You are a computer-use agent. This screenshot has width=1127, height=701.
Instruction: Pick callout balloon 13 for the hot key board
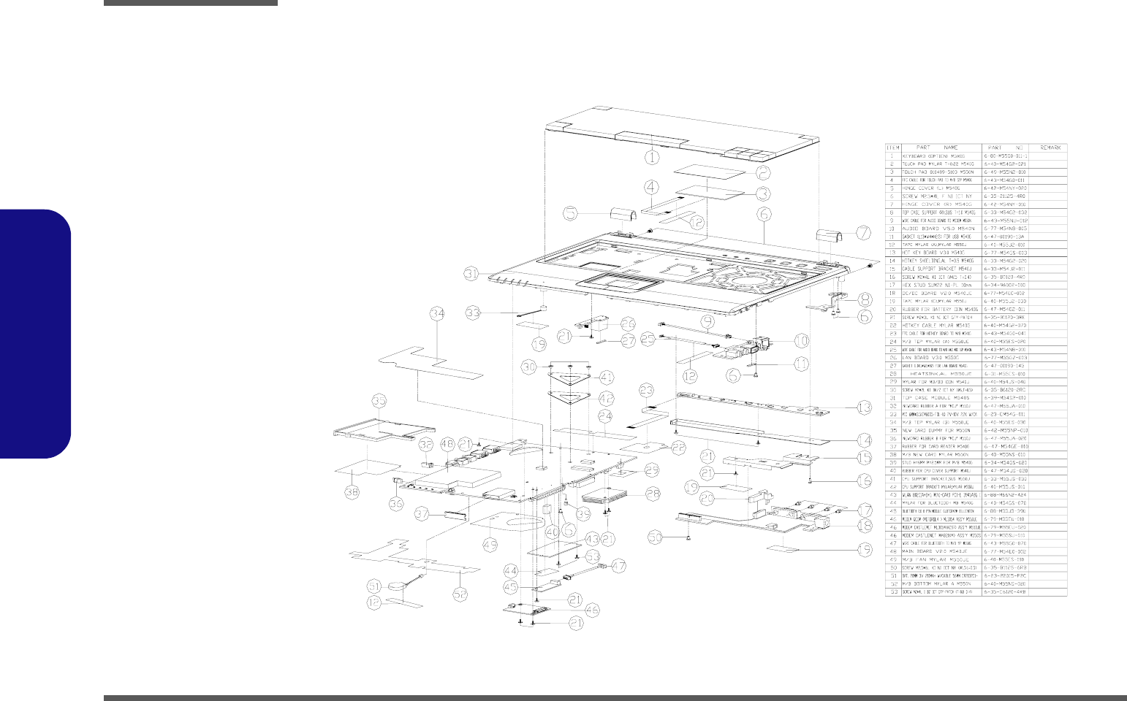(x=863, y=407)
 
